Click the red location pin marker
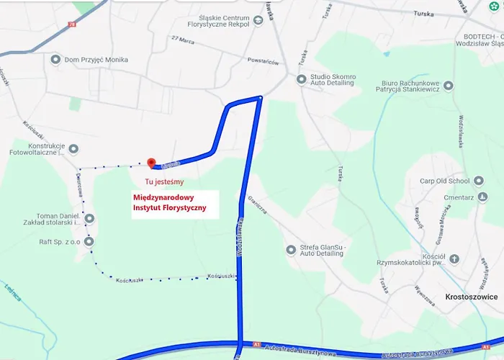151,164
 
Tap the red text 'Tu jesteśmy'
164,182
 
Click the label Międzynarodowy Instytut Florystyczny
169,202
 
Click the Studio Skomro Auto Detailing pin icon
302,79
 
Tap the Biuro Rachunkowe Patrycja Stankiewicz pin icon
449,86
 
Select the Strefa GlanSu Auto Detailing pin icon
291,250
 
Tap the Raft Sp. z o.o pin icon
89,242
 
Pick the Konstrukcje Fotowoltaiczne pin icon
75,149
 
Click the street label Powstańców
262,62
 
